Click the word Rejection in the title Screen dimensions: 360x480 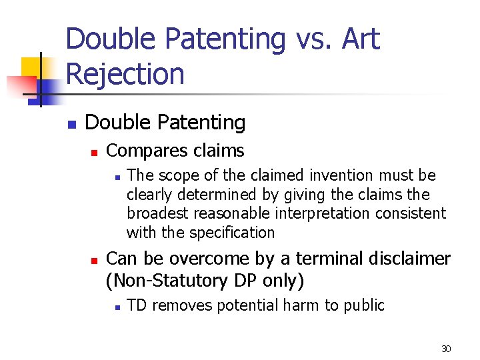click(125, 73)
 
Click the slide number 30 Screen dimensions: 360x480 click(446, 349)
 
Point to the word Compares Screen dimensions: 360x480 click(140, 151)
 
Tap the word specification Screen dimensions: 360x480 click(232, 233)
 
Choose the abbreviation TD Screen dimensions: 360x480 click(136, 305)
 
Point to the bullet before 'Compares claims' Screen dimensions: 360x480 click(95, 152)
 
